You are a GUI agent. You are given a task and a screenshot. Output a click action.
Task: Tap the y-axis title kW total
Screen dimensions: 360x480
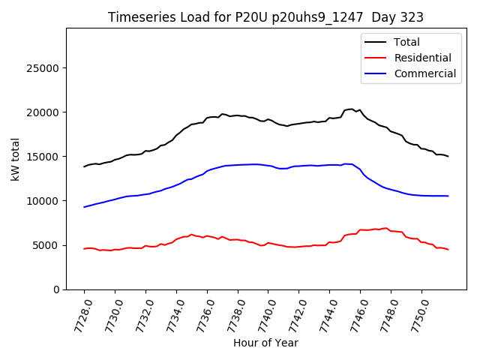point(16,159)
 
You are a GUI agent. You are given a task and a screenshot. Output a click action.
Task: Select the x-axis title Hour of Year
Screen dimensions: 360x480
point(265,343)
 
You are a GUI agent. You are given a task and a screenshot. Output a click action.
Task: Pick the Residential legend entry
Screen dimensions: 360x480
point(422,58)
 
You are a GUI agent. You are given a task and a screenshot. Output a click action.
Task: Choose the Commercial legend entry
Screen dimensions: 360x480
point(424,73)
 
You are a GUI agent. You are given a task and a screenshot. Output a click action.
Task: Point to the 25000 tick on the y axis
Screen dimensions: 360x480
point(44,68)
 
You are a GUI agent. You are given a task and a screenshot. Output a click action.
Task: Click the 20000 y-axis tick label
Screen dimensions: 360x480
point(44,112)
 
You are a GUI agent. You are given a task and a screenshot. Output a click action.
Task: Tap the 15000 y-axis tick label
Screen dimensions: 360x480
point(44,157)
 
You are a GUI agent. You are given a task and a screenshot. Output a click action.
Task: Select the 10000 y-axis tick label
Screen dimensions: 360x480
point(44,201)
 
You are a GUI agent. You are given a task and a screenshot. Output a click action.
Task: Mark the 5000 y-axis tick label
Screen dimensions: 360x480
point(47,245)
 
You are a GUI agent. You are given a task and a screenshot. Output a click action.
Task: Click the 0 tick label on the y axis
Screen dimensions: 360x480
point(57,289)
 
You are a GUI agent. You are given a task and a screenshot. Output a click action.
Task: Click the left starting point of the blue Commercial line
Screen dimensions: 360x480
point(84,207)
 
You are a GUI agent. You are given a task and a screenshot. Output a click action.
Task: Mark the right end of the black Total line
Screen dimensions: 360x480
point(448,157)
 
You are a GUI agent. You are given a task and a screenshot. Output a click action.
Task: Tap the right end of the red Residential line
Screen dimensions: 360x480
point(448,250)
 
